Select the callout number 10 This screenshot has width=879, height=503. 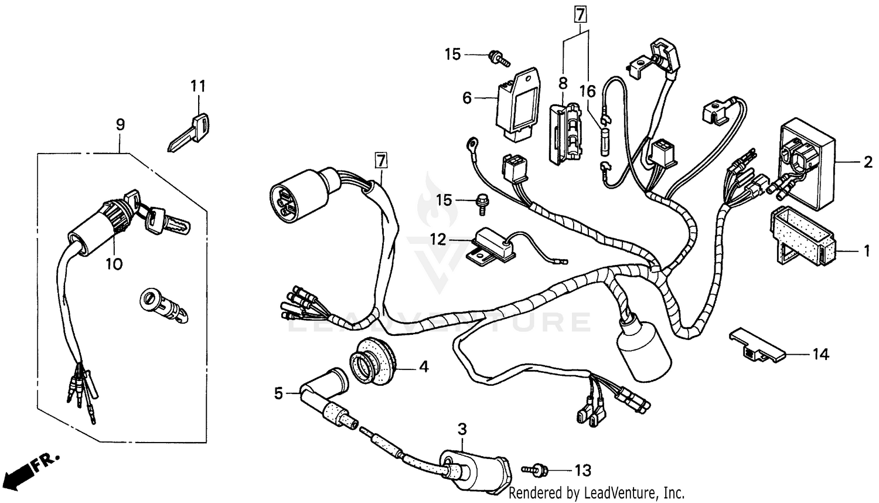coord(114,264)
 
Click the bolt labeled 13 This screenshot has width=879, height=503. coord(536,470)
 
